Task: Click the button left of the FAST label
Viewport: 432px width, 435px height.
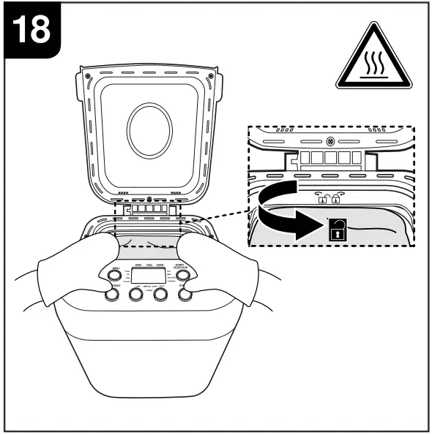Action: [x=160, y=295]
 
